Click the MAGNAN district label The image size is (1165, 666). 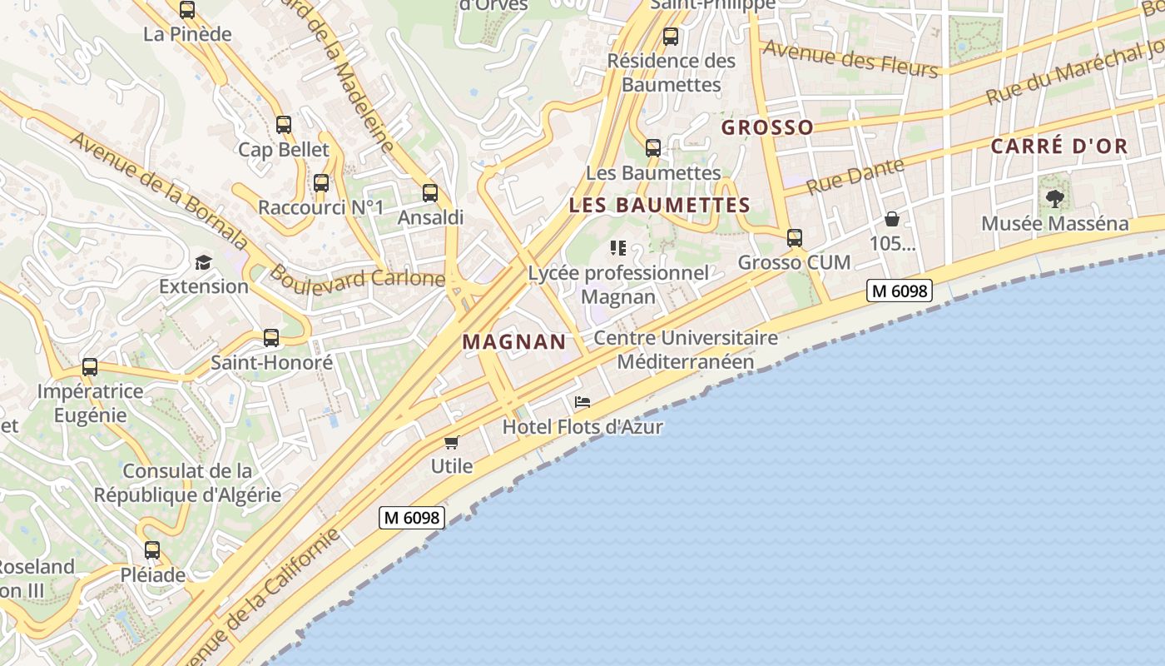tap(513, 341)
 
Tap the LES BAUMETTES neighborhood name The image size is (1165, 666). tap(659, 205)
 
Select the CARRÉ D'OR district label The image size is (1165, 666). tap(1058, 147)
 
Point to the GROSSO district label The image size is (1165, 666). tap(767, 127)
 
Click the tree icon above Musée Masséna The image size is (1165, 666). tap(1055, 199)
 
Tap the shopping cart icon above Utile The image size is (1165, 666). tap(451, 442)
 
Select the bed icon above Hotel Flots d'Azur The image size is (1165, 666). tap(582, 403)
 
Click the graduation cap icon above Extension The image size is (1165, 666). tap(204, 263)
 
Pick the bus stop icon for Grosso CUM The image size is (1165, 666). tap(795, 238)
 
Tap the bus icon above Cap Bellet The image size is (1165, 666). tap(284, 126)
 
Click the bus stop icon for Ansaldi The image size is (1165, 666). tap(430, 193)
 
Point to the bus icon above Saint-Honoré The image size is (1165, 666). tap(271, 338)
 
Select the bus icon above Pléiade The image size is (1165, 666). tap(152, 550)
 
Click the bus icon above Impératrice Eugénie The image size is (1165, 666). tap(90, 367)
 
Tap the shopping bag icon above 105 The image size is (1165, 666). tap(892, 220)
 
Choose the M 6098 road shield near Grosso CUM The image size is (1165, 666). tap(899, 291)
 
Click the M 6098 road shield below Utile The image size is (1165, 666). tap(412, 518)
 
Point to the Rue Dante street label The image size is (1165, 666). tap(855, 176)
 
